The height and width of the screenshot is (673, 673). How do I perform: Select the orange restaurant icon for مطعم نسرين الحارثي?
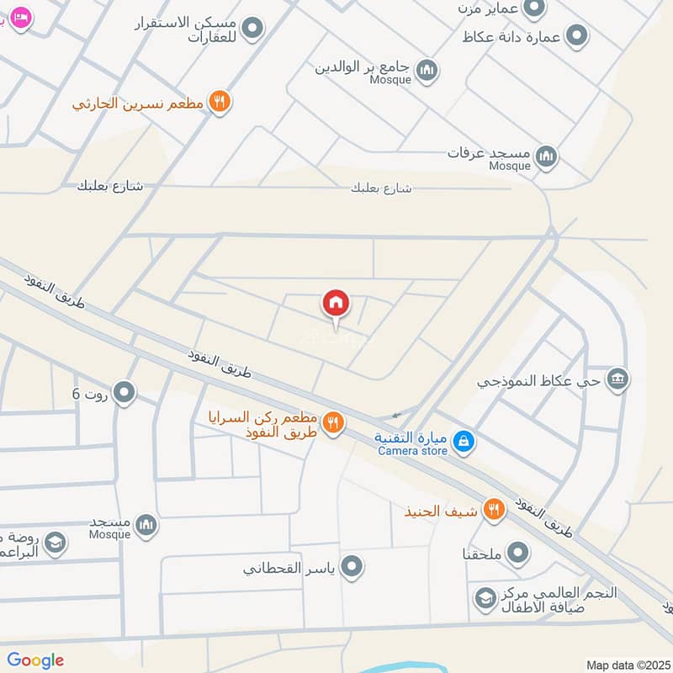220,102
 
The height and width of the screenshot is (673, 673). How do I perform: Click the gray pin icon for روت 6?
125,392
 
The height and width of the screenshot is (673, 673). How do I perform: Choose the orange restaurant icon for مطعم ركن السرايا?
334,423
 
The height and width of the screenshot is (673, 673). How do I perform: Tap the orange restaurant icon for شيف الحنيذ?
495,509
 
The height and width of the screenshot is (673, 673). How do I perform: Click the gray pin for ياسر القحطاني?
353,567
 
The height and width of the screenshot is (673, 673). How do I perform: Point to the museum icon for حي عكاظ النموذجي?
618,379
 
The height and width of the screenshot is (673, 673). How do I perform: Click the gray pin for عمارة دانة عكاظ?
577,36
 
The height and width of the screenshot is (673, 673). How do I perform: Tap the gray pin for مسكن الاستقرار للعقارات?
252,30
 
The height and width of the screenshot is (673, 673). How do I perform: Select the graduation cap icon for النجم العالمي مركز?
485,599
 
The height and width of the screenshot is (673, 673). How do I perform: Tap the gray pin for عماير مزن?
533,8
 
